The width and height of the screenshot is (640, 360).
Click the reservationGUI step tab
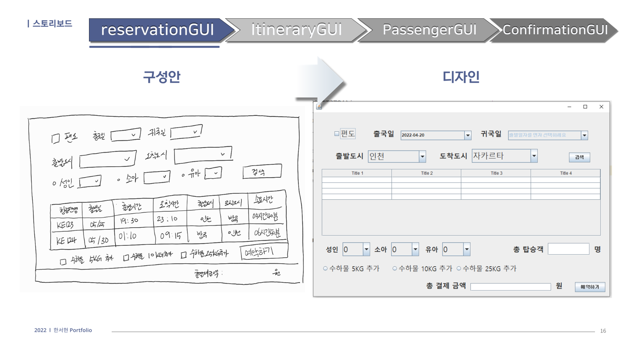point(157,30)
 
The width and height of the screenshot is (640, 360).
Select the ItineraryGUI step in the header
point(296,30)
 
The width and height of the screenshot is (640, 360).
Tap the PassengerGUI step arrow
point(429,30)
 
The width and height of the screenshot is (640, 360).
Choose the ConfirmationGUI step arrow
point(555,30)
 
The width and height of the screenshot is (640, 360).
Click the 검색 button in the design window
point(579,157)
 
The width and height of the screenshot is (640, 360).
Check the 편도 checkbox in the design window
point(337,134)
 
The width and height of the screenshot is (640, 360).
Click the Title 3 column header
point(496,173)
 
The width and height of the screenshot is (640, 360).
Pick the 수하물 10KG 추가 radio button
point(395,269)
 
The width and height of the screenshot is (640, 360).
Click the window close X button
point(601,107)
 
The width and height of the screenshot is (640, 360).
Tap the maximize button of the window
point(585,107)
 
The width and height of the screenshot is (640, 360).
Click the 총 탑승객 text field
point(568,249)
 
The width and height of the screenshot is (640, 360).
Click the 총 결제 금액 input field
point(510,287)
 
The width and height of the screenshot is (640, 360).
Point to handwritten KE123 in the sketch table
point(65,225)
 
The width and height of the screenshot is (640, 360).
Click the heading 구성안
point(162,77)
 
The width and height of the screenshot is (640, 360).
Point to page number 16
point(603,331)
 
